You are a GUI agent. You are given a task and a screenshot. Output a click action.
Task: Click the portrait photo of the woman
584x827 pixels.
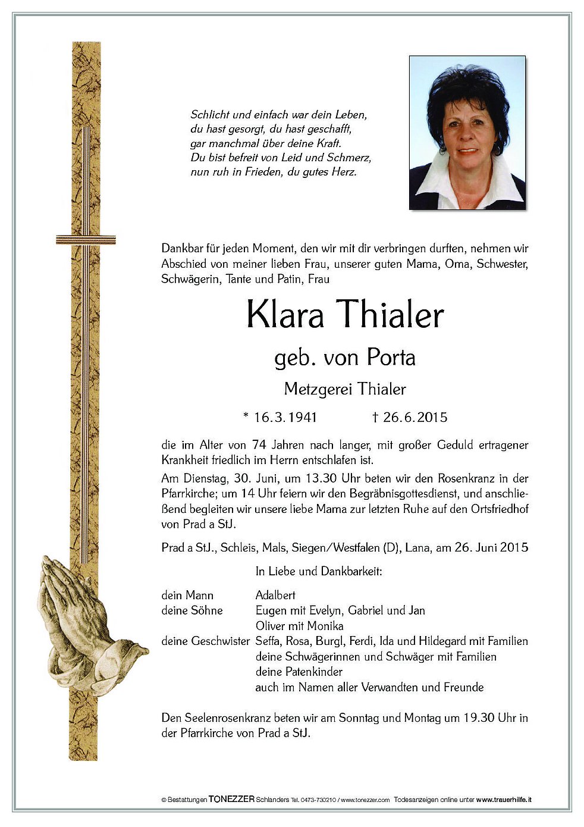[467, 133]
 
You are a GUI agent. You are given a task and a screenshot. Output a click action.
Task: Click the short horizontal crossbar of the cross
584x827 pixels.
[86, 240]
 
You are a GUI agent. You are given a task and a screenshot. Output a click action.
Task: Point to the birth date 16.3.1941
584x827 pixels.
[285, 417]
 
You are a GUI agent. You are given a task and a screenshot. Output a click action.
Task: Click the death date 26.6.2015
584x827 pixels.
[415, 417]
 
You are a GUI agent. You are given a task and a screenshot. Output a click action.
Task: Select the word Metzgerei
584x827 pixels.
[312, 389]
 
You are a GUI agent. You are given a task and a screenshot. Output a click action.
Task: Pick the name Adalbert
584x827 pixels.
[275, 595]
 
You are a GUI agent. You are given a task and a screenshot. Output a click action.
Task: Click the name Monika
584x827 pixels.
[325, 626]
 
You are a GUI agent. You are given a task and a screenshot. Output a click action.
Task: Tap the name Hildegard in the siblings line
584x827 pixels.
[442, 641]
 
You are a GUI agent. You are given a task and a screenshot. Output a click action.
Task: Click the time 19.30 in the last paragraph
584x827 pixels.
[479, 718]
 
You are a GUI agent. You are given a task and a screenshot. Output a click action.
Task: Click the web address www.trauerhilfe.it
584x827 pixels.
[504, 800]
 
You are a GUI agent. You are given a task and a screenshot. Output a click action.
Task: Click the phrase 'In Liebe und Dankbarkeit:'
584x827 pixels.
[319, 572]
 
